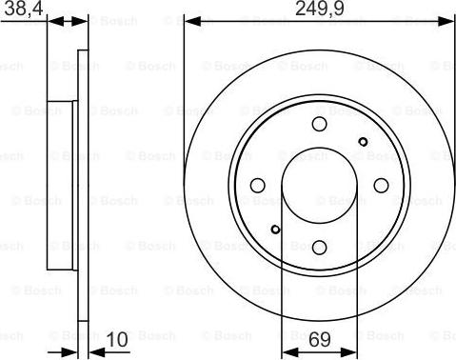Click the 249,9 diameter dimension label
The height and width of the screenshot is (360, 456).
coord(319,12)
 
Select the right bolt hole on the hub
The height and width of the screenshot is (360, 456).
coord(380,187)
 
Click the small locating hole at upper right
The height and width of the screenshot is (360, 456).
coord(362,142)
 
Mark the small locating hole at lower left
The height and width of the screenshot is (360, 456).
coord(275,229)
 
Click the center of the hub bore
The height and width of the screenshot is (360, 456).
coord(319,187)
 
